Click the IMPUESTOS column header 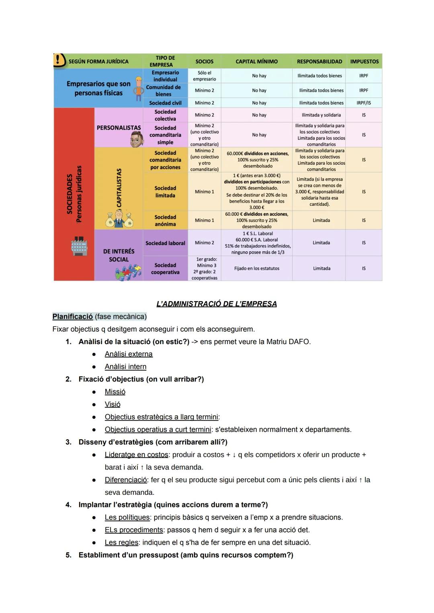tap(364, 62)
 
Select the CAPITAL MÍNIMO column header tap(256, 62)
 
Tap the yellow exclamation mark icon tap(59, 60)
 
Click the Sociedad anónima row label tap(165, 220)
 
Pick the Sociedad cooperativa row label tap(165, 269)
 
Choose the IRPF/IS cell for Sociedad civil tap(364, 103)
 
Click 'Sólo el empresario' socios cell tap(204, 76)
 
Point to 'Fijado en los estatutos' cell tap(256, 269)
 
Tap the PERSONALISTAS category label tap(119, 128)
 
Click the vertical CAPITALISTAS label tap(119, 188)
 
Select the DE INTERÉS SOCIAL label tap(119, 255)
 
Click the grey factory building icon tap(79, 246)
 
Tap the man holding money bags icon tap(119, 219)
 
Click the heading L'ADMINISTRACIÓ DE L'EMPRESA tap(216, 304)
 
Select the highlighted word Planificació tap(73, 317)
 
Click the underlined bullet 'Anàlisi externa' tap(129, 354)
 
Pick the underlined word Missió tap(115, 392)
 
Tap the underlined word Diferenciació tap(126, 480)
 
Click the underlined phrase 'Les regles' tap(121, 543)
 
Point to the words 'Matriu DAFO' tap(288, 342)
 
